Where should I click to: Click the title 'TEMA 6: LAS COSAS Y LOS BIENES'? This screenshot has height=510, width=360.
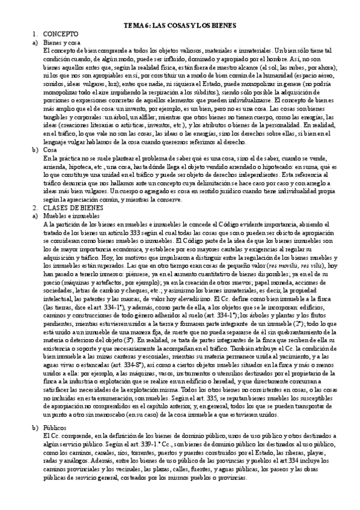180,26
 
